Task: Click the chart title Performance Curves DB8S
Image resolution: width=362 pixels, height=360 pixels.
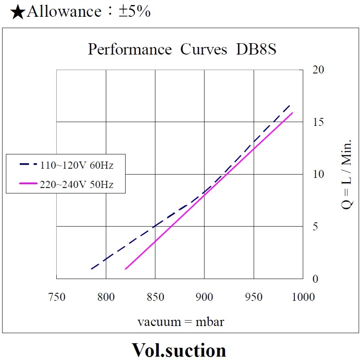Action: [x=182, y=50]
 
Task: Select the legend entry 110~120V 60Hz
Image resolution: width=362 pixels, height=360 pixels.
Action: [x=76, y=165]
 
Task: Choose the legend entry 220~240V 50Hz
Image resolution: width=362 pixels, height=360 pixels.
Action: [x=76, y=184]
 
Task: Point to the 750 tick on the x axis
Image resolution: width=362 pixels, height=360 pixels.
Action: [x=57, y=297]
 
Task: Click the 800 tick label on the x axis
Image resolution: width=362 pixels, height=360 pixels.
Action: [x=106, y=297]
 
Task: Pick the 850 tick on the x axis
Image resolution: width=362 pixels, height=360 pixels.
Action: [x=155, y=297]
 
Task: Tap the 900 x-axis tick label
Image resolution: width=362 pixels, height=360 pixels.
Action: [x=205, y=297]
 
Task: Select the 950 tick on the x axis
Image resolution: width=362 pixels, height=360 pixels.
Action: [x=254, y=297]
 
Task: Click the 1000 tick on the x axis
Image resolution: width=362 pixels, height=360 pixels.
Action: [x=303, y=297]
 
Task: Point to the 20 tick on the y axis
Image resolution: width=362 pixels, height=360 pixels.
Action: [x=318, y=70]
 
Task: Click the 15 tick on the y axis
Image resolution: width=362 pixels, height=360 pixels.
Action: [x=318, y=122]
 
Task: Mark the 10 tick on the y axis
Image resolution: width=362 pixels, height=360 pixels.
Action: [x=318, y=174]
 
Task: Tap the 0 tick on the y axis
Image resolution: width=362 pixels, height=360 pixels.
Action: [x=315, y=279]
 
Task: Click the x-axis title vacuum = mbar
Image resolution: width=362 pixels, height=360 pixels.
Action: [x=181, y=322]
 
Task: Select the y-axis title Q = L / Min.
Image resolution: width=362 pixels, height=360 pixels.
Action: [x=346, y=174]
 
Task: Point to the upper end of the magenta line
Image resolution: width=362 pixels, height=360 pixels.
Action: [x=292, y=112]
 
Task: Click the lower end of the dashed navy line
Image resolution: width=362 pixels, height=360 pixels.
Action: [x=91, y=269]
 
